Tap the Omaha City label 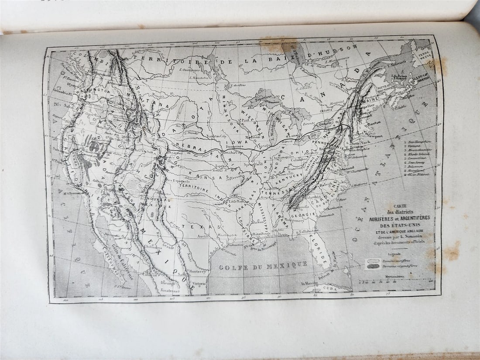tap(232, 152)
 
